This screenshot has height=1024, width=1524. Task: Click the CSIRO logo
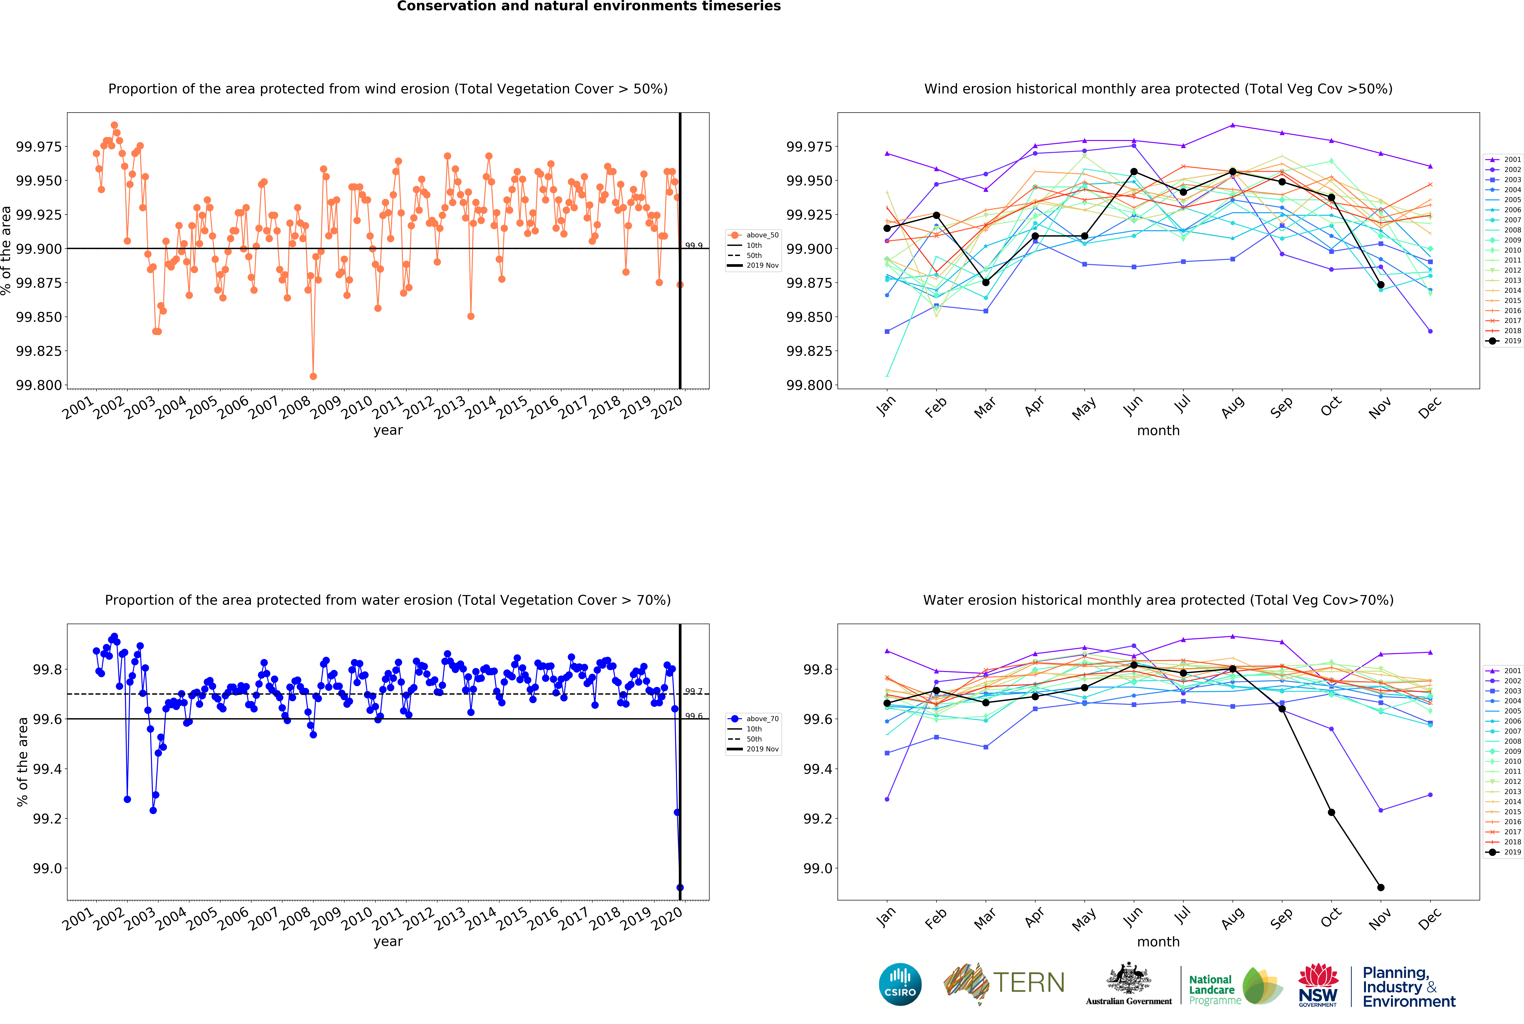900,984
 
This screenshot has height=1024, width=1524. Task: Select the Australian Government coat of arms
1129,978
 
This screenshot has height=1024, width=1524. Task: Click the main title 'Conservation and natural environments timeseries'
589,7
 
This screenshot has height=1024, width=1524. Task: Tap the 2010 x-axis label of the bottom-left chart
357,920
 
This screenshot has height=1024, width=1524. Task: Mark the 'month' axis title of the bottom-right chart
1158,942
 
